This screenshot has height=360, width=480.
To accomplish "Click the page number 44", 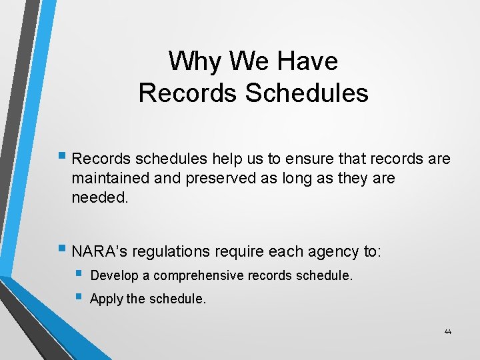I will click(x=447, y=332).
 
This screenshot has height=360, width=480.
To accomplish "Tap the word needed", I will click(x=99, y=198).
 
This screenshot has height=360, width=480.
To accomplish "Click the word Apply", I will click(x=105, y=299).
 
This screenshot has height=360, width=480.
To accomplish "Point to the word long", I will click(x=298, y=179).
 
